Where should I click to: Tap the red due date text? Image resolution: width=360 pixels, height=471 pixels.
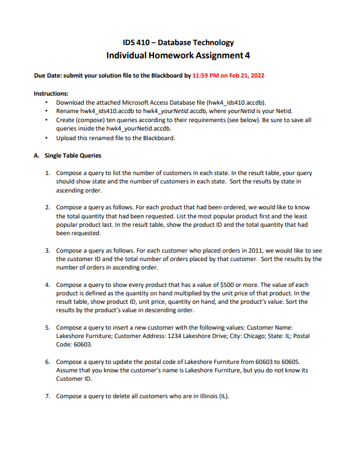click(228, 76)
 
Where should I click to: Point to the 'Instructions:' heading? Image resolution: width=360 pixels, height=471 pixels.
click(51, 94)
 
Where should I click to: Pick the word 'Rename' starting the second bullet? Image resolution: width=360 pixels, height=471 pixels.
click(67, 111)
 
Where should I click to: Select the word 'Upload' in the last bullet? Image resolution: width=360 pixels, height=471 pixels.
click(66, 138)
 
